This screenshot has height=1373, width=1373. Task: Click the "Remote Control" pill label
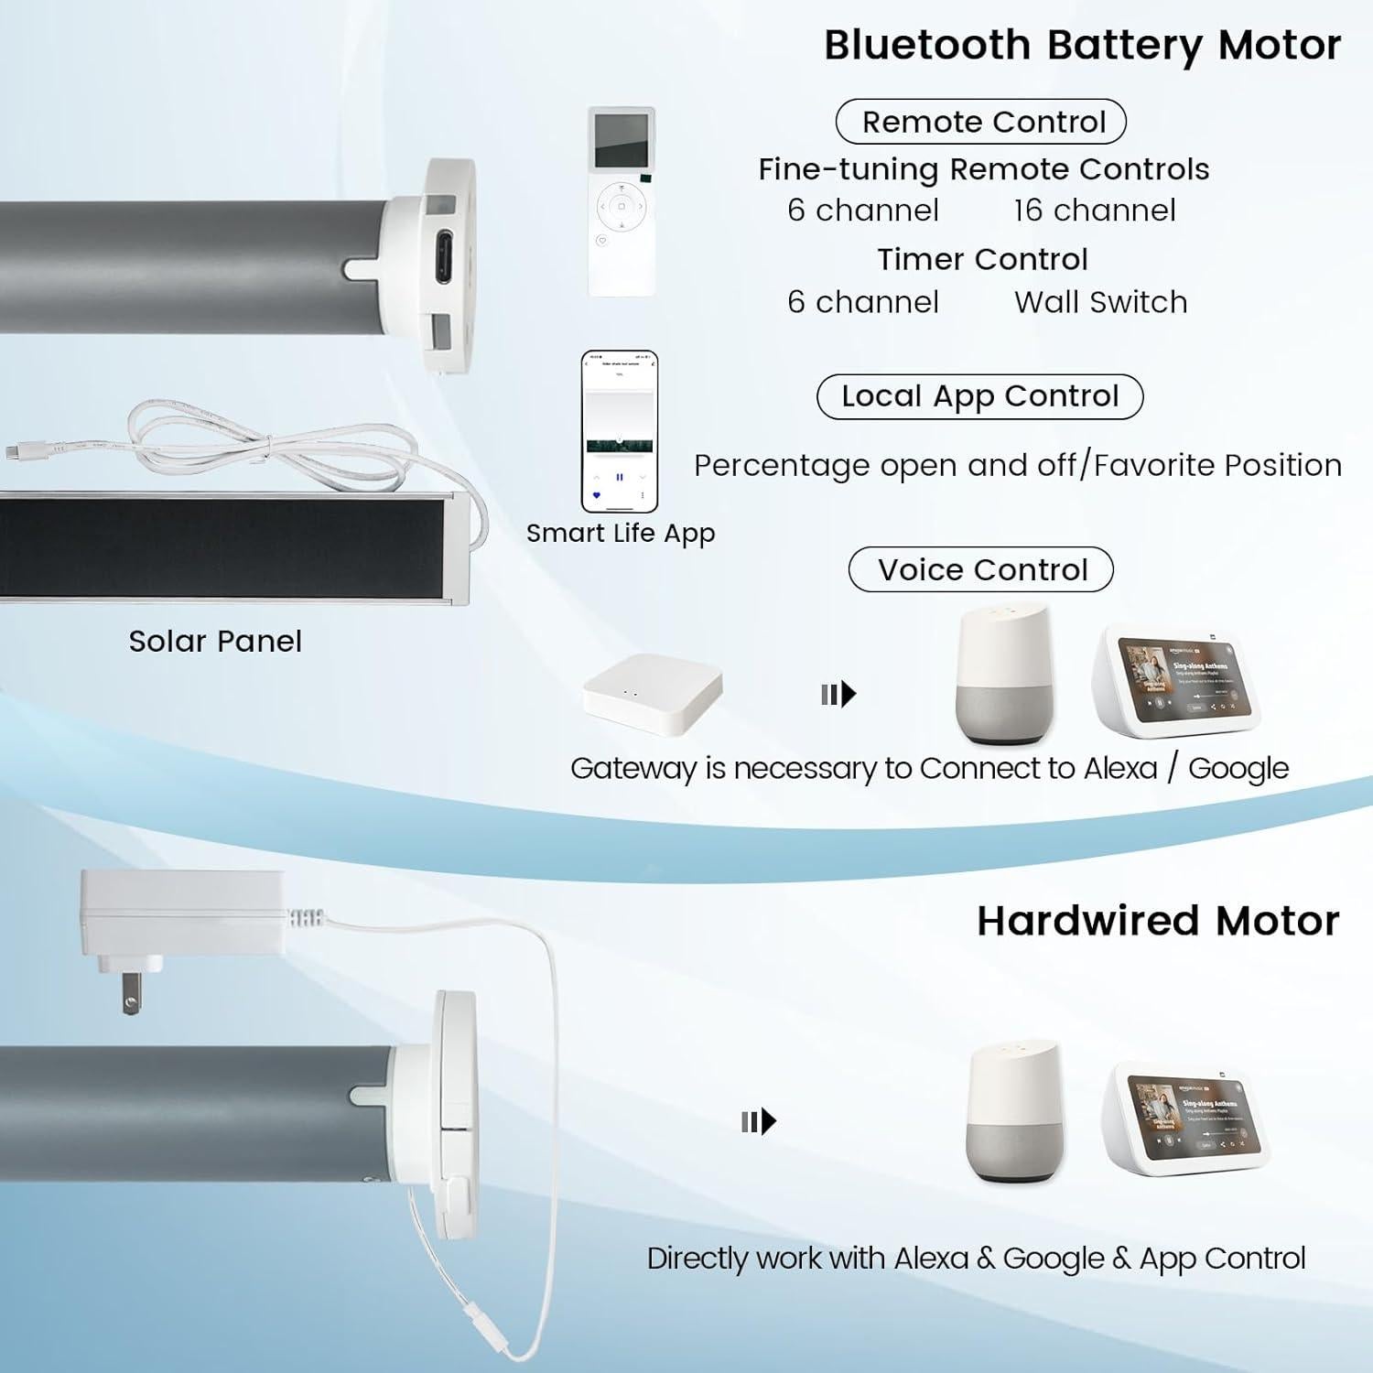point(980,122)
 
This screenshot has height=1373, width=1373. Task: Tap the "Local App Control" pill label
point(979,396)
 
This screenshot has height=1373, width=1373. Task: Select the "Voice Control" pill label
point(981,569)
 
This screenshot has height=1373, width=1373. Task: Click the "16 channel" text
point(1094,211)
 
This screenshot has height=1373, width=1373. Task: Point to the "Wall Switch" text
point(1100,302)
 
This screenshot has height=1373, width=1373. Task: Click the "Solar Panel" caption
point(215,641)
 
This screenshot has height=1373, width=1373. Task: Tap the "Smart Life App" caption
point(621,533)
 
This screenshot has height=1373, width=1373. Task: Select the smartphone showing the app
point(620,431)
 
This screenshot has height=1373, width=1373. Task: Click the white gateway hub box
point(654,694)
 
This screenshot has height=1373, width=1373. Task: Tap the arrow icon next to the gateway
point(838,695)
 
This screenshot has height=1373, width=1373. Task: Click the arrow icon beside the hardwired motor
point(758,1121)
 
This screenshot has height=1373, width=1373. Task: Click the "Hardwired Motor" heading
point(1157,921)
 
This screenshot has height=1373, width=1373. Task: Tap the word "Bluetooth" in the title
point(927,46)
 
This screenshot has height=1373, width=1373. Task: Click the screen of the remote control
point(622,139)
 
